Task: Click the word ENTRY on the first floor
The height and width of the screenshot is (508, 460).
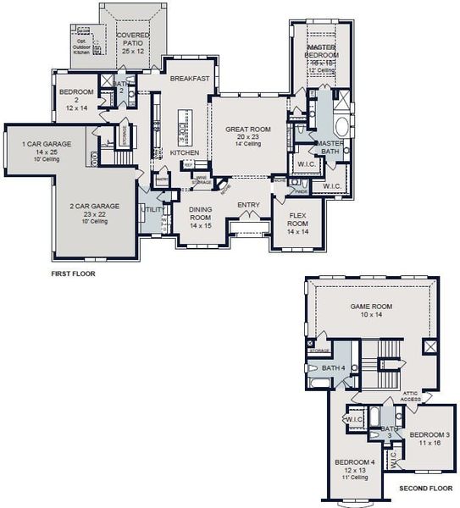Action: pos(248,206)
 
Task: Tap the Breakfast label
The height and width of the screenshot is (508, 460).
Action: pos(189,79)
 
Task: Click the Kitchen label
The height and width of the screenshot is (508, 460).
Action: pos(185,153)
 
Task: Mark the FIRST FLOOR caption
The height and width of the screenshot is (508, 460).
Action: pos(73,274)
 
